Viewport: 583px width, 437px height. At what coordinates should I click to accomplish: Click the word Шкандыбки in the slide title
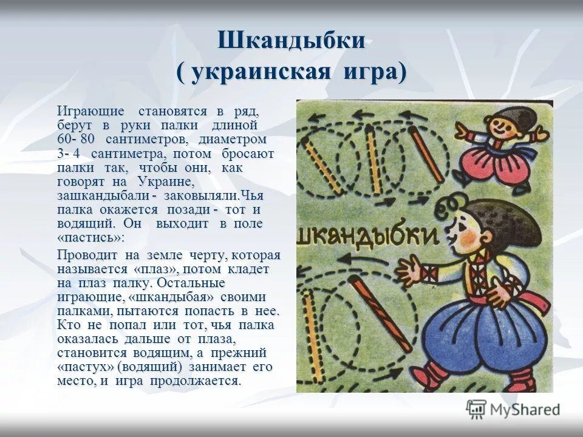(x=291, y=41)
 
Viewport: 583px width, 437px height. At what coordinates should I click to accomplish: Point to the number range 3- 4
(x=72, y=153)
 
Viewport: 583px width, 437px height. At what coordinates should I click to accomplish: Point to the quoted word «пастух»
(x=86, y=367)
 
